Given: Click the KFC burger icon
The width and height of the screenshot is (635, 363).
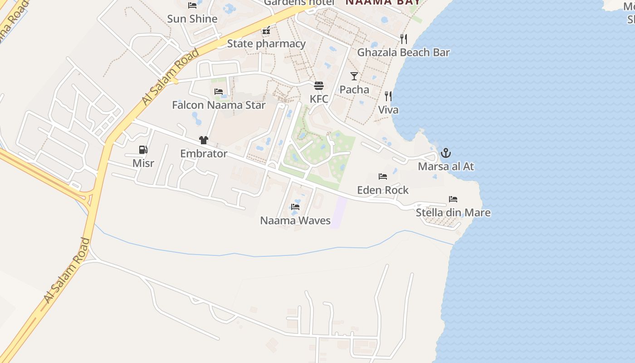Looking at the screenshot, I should (x=319, y=86).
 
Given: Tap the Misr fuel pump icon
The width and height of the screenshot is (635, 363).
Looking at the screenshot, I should (x=143, y=149).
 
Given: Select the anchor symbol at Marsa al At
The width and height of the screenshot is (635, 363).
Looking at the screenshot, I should (x=446, y=153).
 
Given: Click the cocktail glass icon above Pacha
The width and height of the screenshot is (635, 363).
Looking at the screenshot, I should (x=354, y=76).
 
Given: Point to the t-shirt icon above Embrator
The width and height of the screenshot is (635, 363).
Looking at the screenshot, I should (x=203, y=140).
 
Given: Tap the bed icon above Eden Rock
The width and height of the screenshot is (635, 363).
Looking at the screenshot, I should (x=383, y=176).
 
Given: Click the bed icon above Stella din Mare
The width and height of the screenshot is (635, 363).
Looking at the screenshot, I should (x=453, y=199).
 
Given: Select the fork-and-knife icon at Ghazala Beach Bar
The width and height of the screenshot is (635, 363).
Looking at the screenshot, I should (x=403, y=39).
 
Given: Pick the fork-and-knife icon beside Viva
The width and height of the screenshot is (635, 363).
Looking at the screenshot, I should (x=388, y=96).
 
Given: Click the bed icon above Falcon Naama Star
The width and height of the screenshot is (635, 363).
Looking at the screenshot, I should (x=219, y=91).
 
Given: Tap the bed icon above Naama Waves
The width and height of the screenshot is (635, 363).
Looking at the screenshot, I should (x=295, y=206).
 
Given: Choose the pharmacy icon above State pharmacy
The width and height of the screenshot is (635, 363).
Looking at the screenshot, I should (x=266, y=30).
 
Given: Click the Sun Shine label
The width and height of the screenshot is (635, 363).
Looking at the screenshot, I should (x=192, y=19).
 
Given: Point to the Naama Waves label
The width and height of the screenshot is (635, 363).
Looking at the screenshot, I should (x=295, y=221).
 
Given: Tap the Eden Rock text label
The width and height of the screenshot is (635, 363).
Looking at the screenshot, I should (x=383, y=190).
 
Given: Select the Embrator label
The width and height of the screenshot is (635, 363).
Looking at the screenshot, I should (x=204, y=154).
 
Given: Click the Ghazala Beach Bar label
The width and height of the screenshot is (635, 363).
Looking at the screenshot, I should (x=403, y=53).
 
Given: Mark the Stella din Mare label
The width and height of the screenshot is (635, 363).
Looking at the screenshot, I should (x=453, y=212).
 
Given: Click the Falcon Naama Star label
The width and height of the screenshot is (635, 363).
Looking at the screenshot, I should (x=219, y=105).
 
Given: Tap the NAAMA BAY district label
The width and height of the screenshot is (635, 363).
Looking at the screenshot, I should (x=383, y=2).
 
